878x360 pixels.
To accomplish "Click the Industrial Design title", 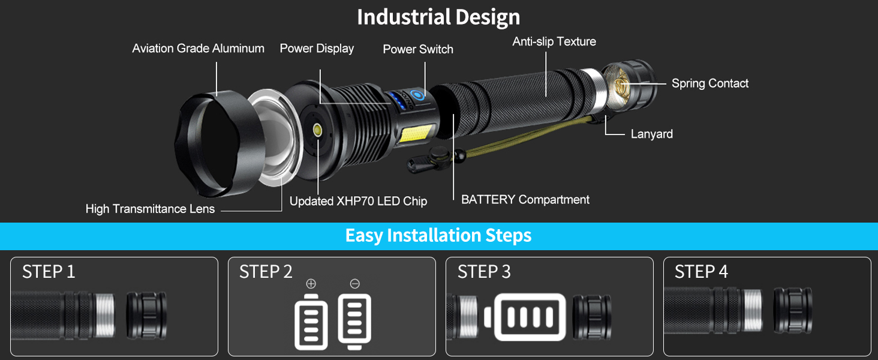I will [x=438, y=17].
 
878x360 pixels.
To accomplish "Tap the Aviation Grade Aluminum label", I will [x=198, y=49].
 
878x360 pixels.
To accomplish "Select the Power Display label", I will [x=317, y=49].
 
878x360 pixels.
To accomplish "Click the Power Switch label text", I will [x=418, y=49].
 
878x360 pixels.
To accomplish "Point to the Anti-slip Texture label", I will [x=554, y=41].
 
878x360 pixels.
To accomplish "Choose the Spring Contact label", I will [x=709, y=83].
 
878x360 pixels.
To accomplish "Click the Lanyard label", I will [x=651, y=134].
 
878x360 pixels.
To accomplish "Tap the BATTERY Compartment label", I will [x=525, y=200].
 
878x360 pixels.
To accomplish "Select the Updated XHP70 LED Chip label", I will [x=358, y=202].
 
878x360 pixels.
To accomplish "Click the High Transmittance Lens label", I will [x=150, y=209].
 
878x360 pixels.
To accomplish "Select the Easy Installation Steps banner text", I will [x=438, y=236].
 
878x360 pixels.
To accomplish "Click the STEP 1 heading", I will [x=49, y=272].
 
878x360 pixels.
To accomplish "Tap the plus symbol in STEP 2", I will [x=311, y=284].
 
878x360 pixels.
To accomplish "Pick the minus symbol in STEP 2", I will [x=354, y=284].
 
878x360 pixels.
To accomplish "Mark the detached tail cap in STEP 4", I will [x=793, y=310].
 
